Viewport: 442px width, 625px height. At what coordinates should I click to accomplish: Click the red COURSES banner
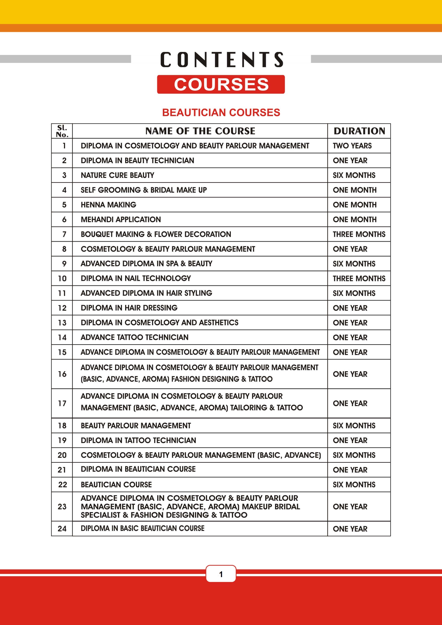(x=221, y=84)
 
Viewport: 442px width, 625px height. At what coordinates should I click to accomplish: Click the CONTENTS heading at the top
(x=221, y=60)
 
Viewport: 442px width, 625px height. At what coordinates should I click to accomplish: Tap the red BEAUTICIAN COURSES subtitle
(x=221, y=112)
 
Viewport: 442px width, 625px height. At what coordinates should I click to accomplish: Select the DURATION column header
(x=359, y=131)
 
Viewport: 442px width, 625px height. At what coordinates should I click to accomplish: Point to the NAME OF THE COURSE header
(x=200, y=131)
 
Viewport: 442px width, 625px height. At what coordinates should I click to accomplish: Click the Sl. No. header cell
(x=62, y=131)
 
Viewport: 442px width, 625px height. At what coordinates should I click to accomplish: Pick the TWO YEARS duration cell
(x=352, y=146)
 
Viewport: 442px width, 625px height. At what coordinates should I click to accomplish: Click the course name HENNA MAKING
(x=108, y=205)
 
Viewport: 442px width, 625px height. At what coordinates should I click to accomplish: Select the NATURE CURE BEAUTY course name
(x=117, y=175)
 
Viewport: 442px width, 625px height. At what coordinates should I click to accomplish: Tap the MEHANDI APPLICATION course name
(x=121, y=219)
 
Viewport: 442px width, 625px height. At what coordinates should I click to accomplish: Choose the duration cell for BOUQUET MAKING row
(x=359, y=234)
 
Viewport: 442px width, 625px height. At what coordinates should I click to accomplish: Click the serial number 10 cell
(x=62, y=278)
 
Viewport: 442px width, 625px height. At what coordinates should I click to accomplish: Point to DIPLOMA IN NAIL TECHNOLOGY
(x=136, y=278)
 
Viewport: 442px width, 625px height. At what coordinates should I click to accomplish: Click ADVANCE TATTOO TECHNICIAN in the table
(x=135, y=337)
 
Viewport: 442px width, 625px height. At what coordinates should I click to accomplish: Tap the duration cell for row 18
(x=354, y=426)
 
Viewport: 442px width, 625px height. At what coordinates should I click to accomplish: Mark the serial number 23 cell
(x=62, y=507)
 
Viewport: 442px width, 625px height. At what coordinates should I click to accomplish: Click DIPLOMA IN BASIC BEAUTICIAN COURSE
(x=142, y=528)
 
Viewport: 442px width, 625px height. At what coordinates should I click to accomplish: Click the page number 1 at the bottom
(x=221, y=574)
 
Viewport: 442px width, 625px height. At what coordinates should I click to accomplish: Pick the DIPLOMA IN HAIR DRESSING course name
(x=129, y=308)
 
